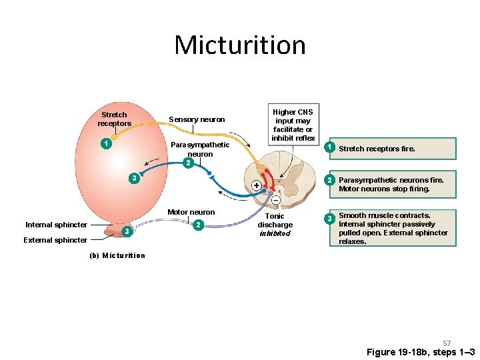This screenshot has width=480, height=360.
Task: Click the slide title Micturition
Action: pyautogui.click(x=240, y=45)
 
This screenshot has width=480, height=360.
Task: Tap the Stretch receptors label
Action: pyautogui.click(x=114, y=119)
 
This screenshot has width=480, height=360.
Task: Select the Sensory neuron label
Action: pyautogui.click(x=197, y=119)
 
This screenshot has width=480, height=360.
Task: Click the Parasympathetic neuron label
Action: pyautogui.click(x=200, y=149)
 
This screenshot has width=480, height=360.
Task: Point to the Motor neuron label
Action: pyautogui.click(x=191, y=212)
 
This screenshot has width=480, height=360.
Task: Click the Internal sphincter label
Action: pyautogui.click(x=56, y=225)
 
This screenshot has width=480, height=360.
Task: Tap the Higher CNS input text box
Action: pyautogui.click(x=292, y=125)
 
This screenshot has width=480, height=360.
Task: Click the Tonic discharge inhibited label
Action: pyautogui.click(x=275, y=225)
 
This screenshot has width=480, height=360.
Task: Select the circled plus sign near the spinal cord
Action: pyautogui.click(x=256, y=185)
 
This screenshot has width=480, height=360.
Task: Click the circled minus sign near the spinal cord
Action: pyautogui.click(x=275, y=199)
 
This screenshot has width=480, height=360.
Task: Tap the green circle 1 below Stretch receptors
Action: pyautogui.click(x=105, y=143)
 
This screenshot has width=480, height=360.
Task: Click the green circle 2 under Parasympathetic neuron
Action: pyautogui.click(x=189, y=163)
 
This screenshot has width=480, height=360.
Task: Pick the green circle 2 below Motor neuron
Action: pyautogui.click(x=197, y=225)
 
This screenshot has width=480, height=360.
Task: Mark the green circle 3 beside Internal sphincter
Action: pyautogui.click(x=126, y=231)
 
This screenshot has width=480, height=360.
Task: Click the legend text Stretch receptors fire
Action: pyautogui.click(x=377, y=149)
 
